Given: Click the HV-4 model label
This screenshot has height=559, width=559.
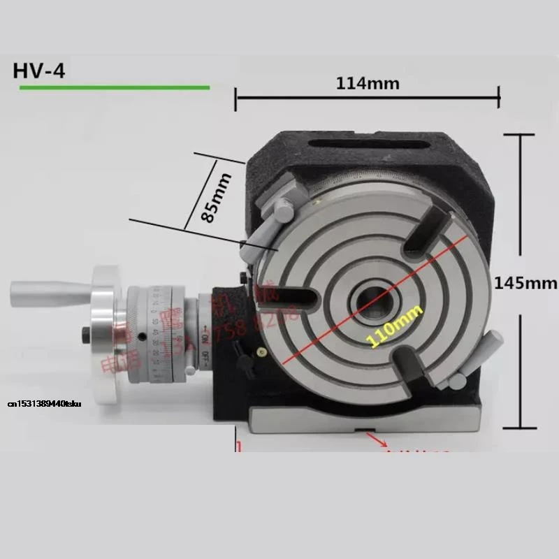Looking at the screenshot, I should pyautogui.click(x=39, y=71).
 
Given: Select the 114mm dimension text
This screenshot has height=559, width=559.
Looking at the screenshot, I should pyautogui.click(x=368, y=83).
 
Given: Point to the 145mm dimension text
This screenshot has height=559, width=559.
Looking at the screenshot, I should pyautogui.click(x=525, y=283).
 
